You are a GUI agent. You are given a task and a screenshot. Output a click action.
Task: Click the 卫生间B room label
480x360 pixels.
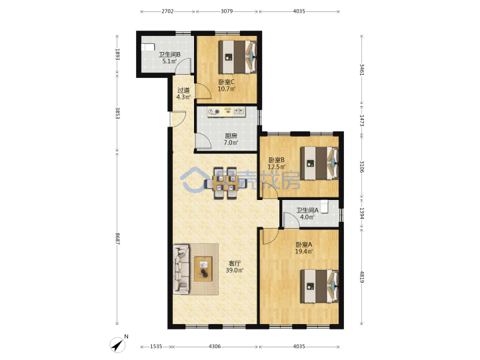pyautogui.click(x=169, y=55)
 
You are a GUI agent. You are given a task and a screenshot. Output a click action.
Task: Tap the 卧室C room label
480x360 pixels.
pyautogui.click(x=226, y=82)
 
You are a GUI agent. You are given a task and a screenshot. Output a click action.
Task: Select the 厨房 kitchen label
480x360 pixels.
pyautogui.click(x=231, y=135)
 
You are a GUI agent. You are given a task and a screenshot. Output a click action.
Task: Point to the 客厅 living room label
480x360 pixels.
pyautogui.click(x=235, y=263)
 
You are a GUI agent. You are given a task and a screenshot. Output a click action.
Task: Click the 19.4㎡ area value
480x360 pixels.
pyautogui.click(x=304, y=251)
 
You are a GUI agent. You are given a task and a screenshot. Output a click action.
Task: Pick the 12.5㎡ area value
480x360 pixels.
pyautogui.click(x=277, y=167)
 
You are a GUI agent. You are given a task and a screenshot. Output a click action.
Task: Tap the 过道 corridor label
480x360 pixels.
pyautogui.click(x=184, y=90)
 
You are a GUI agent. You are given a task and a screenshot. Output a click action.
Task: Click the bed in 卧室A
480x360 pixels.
pyautogui.click(x=319, y=286)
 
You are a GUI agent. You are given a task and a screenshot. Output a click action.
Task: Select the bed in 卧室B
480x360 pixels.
pyautogui.click(x=319, y=163)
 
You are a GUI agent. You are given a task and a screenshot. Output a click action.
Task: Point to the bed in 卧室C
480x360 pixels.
pyautogui.click(x=237, y=57)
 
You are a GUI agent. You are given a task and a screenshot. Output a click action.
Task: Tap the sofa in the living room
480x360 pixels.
pyautogui.click(x=181, y=269)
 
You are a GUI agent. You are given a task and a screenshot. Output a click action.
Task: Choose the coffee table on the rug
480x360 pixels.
pyautogui.click(x=203, y=269)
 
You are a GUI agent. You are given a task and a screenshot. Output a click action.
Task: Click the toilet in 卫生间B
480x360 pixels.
pyautogui.click(x=147, y=47)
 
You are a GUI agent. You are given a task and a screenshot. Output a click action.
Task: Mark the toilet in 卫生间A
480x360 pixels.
pyautogui.click(x=324, y=206)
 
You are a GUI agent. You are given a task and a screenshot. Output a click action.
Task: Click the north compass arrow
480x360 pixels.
pyautogui.click(x=118, y=345)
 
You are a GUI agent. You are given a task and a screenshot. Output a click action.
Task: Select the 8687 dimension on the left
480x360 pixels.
pyautogui.click(x=117, y=239)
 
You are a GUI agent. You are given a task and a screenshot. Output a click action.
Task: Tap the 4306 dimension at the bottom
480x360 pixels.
pyautogui.click(x=215, y=346)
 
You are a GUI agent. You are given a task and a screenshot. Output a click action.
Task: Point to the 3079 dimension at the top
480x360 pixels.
pyautogui.click(x=227, y=11)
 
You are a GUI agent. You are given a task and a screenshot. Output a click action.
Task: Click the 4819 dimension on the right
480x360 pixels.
pyautogui.click(x=361, y=277)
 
